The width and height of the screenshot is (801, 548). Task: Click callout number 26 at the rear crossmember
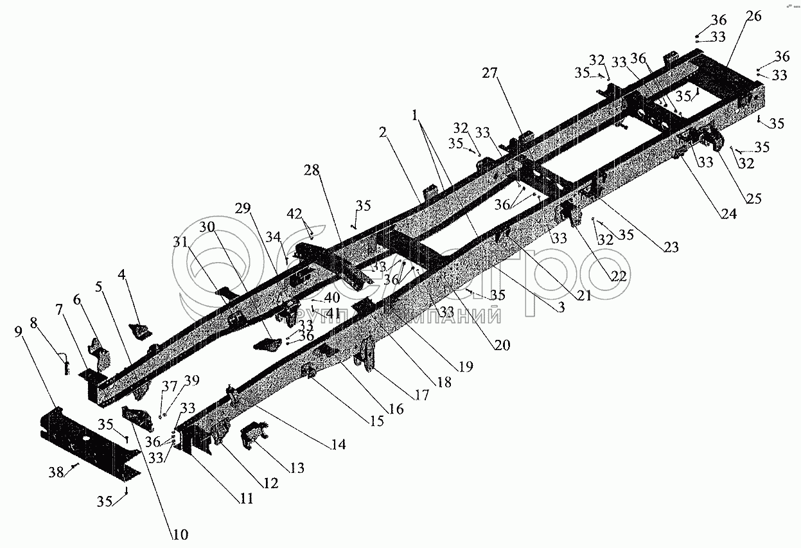753,17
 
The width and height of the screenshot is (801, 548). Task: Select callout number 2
383,133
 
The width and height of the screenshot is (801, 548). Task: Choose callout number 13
297,468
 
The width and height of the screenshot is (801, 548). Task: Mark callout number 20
502,345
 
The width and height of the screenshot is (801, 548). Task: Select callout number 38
56,472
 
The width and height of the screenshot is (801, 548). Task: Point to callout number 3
560,308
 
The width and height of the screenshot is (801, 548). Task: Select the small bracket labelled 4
140,331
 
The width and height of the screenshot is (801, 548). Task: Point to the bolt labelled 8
66,364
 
